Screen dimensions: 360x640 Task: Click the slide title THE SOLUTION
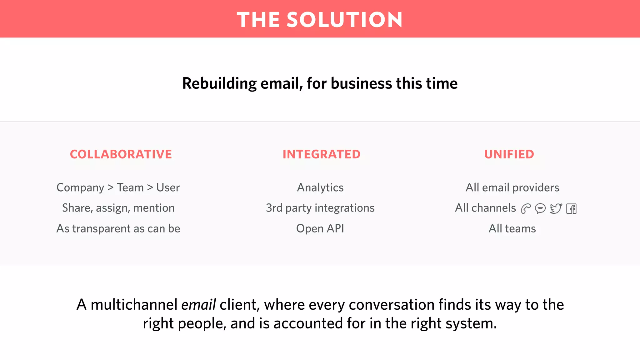click(x=319, y=20)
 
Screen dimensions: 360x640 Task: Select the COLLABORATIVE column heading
click(x=121, y=154)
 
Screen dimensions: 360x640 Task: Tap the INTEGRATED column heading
click(x=322, y=154)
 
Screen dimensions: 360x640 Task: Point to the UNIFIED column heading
click(x=509, y=154)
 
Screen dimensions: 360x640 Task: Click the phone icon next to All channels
click(x=526, y=208)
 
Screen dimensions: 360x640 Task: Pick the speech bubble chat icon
click(x=540, y=208)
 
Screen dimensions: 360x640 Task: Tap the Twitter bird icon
click(x=556, y=208)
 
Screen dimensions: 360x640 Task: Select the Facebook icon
click(x=571, y=209)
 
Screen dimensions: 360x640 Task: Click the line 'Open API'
click(x=320, y=228)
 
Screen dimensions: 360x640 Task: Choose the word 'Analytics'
click(x=320, y=187)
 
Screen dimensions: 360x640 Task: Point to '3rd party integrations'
click(x=320, y=208)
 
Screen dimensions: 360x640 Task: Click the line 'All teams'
click(x=512, y=228)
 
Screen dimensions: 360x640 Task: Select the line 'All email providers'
click(x=512, y=187)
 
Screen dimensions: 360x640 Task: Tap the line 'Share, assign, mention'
click(x=118, y=208)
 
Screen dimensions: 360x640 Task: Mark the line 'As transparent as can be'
click(x=118, y=228)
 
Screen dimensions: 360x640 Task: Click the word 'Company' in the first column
click(x=80, y=188)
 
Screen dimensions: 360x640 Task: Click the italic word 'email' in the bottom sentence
click(x=198, y=305)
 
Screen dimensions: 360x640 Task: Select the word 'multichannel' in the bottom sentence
click(x=134, y=305)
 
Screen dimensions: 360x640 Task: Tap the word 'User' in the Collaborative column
click(x=168, y=187)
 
